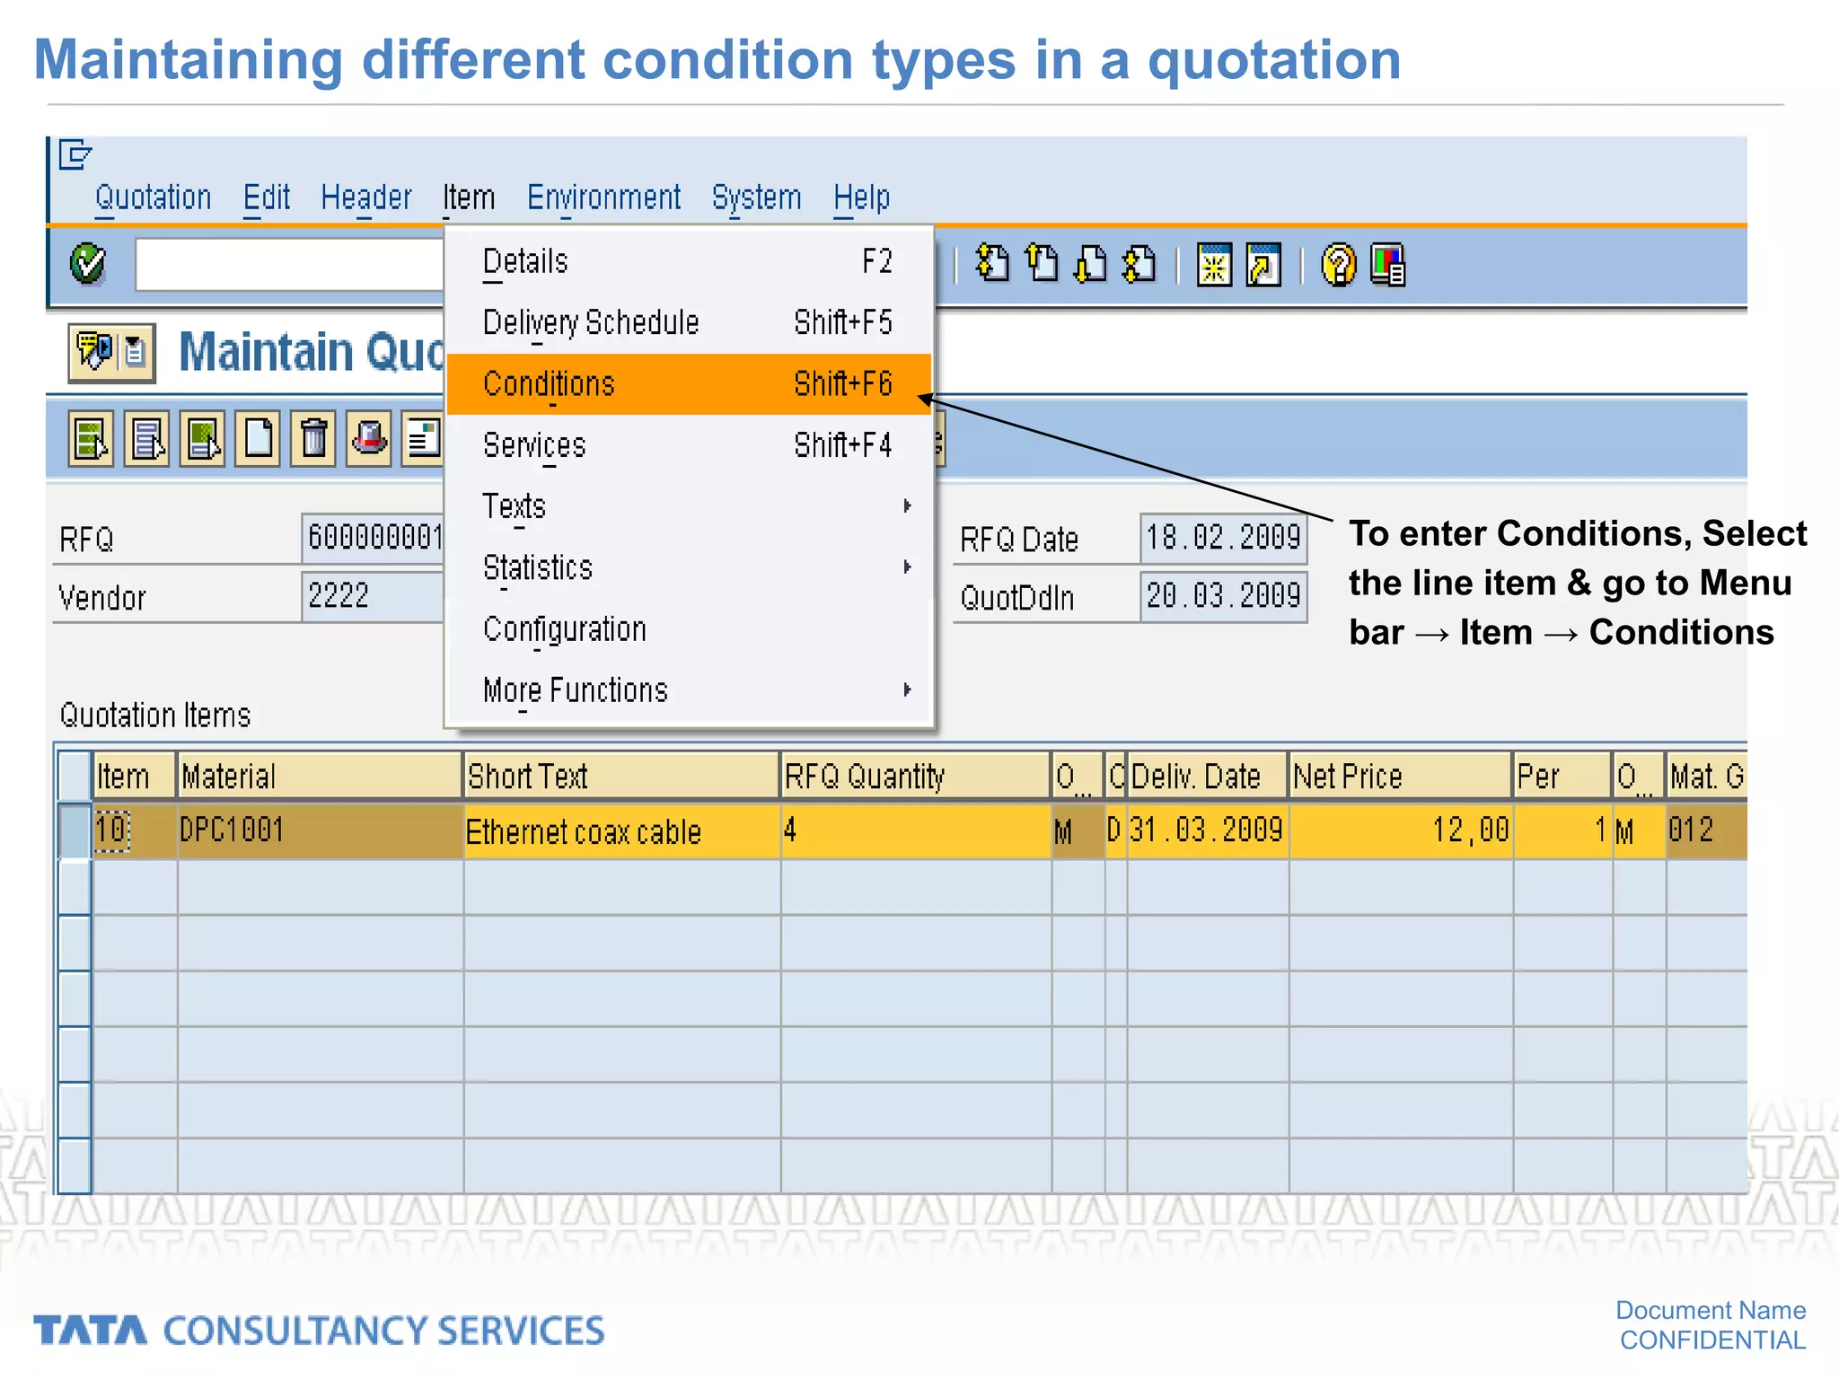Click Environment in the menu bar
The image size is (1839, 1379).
coord(603,198)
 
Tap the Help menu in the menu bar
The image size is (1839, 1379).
coord(861,198)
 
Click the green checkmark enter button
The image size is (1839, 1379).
coord(88,264)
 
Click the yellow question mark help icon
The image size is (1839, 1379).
coord(1338,266)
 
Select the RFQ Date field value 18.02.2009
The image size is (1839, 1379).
coord(1223,538)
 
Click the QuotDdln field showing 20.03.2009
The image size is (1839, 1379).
coord(1223,596)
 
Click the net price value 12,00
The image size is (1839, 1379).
coord(1469,830)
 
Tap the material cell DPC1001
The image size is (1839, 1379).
coord(232,830)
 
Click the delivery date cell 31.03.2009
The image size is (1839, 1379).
coord(1206,830)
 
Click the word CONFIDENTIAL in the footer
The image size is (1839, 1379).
coord(1711,1340)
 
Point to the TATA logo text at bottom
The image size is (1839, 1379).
coord(90,1331)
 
